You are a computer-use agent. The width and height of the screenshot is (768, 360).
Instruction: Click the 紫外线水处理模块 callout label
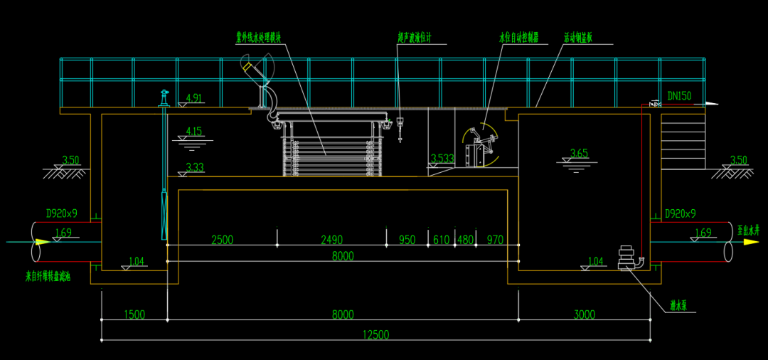point(263,36)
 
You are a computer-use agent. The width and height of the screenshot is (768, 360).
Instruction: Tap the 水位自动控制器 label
point(518,36)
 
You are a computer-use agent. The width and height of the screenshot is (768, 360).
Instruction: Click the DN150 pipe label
point(679,95)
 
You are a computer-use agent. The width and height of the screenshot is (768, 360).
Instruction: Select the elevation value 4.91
point(193,98)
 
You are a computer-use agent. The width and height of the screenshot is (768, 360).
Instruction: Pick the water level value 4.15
point(193,131)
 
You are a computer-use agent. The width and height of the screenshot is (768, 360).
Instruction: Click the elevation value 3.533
point(442,159)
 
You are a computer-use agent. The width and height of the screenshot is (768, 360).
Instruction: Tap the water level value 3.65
point(580,152)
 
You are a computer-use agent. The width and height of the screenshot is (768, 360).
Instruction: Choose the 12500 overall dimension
point(376,335)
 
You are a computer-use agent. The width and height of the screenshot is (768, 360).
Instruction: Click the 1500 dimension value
point(134,314)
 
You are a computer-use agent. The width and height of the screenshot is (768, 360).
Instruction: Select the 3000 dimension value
point(584,314)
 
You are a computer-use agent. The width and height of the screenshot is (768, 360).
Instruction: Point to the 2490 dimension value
point(331,240)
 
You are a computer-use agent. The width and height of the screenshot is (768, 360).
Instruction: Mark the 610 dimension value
point(441,240)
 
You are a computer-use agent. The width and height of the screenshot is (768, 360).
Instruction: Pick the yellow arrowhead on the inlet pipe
point(43,242)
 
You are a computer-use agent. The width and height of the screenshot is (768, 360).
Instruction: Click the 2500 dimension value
point(222,240)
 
